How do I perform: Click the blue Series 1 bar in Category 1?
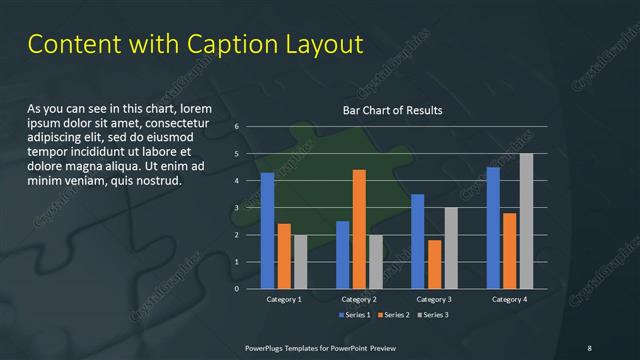pyautogui.click(x=267, y=231)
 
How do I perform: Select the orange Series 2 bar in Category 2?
pyautogui.click(x=359, y=229)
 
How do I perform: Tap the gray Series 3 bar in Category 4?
pyautogui.click(x=526, y=221)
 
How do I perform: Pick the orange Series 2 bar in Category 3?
pyautogui.click(x=434, y=264)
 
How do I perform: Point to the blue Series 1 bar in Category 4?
pyautogui.click(x=493, y=228)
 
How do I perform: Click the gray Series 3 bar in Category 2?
pyautogui.click(x=376, y=262)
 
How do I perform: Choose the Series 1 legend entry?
pyautogui.click(x=355, y=315)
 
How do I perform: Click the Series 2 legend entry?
pyautogui.click(x=394, y=315)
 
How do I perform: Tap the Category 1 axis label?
pyautogui.click(x=284, y=300)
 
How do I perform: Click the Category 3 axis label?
pyautogui.click(x=434, y=300)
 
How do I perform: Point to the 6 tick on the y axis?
pyautogui.click(x=236, y=127)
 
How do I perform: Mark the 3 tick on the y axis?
pyautogui.click(x=236, y=208)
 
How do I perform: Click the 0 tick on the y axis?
pyautogui.click(x=236, y=289)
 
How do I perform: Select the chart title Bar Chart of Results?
pyautogui.click(x=392, y=110)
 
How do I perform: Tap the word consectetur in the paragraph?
pyautogui.click(x=179, y=122)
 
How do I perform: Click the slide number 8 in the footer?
pyautogui.click(x=589, y=347)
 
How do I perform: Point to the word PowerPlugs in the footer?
pyautogui.click(x=268, y=347)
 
